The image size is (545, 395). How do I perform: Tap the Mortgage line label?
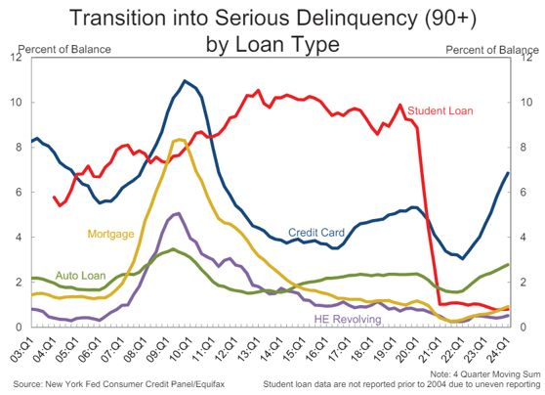coord(110,234)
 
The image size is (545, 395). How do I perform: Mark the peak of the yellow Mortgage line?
coord(179,140)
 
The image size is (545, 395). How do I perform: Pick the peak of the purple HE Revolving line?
coord(176,213)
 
